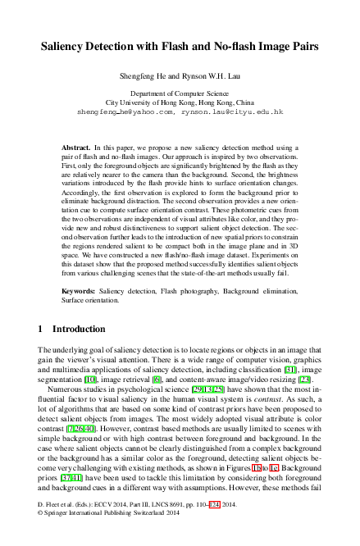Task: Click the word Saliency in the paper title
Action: click(66, 48)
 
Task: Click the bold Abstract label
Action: click(77, 146)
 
